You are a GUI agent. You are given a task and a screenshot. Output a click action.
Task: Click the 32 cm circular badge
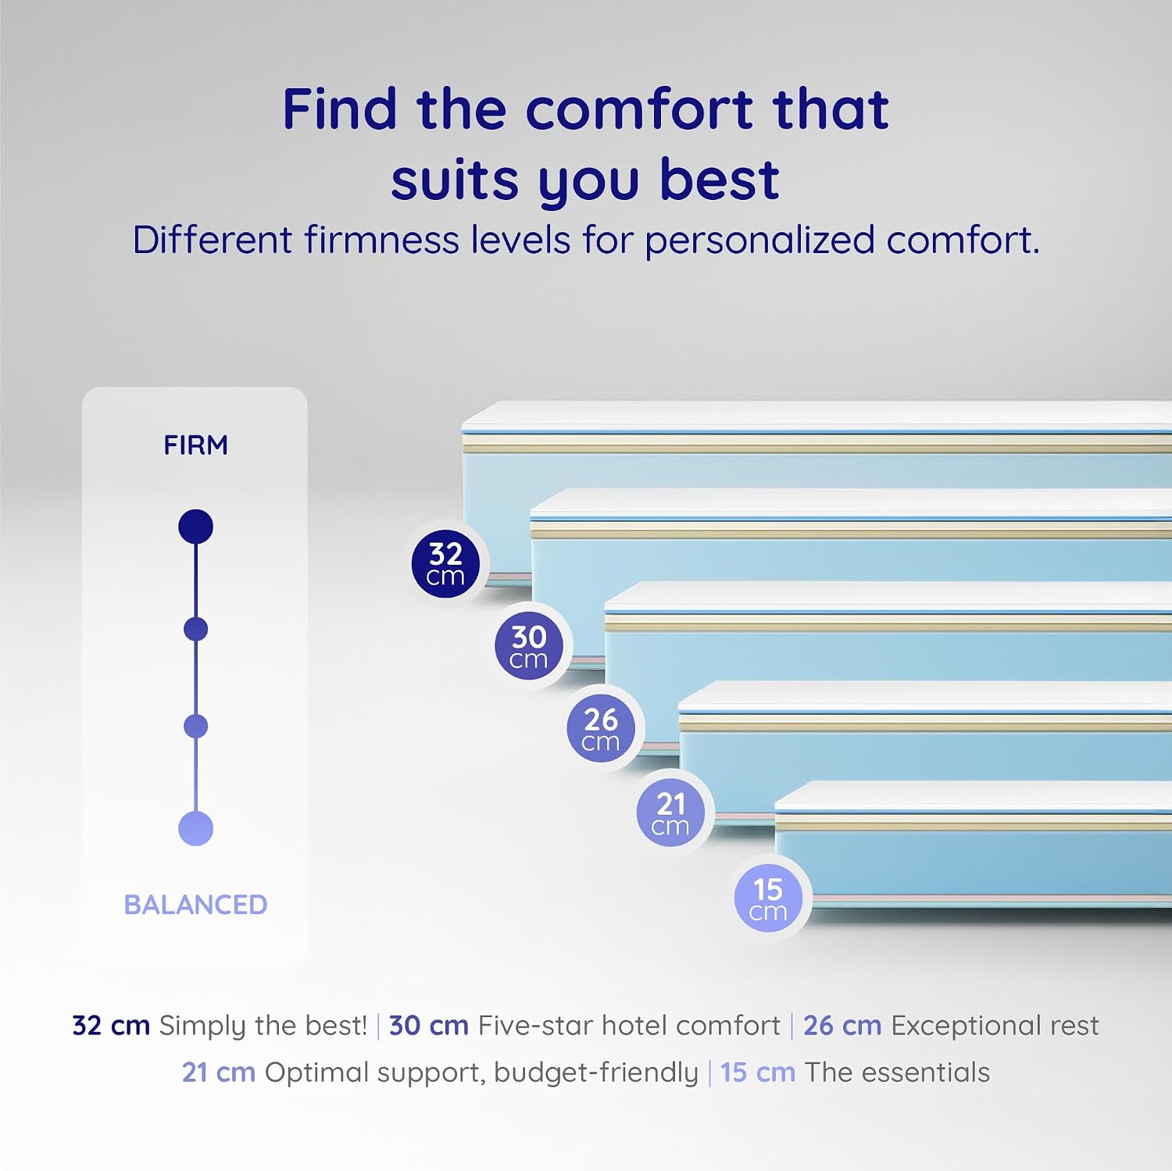point(445,564)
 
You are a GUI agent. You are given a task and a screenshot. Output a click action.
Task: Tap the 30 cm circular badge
point(529,646)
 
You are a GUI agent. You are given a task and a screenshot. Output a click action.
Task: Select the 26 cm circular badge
point(601,728)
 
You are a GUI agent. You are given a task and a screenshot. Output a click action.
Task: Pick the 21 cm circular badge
point(670,812)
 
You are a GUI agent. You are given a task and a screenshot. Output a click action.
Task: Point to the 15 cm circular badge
point(768,898)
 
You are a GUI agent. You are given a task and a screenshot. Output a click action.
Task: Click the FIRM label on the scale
point(195,445)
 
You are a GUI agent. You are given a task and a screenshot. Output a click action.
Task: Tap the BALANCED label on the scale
point(195,905)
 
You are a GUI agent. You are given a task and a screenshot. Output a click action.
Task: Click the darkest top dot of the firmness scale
point(195,527)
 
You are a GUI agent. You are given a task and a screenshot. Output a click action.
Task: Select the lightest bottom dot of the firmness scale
point(195,829)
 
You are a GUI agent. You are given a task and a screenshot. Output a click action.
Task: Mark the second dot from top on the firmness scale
point(195,629)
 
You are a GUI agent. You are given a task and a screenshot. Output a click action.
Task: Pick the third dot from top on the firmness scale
point(195,727)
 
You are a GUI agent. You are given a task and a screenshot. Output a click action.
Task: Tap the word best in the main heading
point(720,180)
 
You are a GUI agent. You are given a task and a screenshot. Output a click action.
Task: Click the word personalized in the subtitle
point(759,241)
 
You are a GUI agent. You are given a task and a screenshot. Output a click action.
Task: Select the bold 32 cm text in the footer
point(111,1026)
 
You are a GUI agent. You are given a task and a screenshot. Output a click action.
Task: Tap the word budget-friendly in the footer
point(596,1073)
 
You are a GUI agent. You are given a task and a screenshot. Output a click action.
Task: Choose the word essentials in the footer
point(926,1073)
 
